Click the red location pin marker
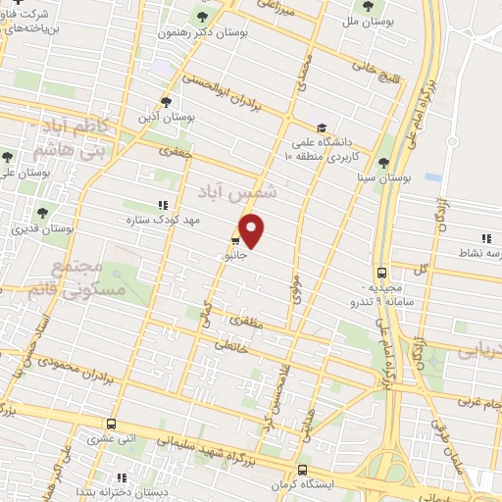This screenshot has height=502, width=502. tap(252, 230)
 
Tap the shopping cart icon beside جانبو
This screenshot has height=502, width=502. tap(236, 240)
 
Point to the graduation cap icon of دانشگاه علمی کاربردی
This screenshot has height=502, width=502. tap(322, 127)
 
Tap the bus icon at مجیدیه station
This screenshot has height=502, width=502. tap(381, 274)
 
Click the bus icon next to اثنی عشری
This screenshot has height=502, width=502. tap(111, 425)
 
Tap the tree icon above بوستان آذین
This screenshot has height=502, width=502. tap(166, 102)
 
